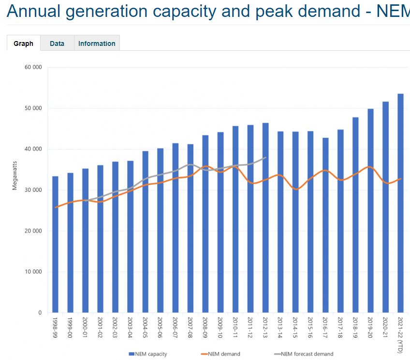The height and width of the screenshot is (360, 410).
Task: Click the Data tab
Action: pyautogui.click(x=57, y=43)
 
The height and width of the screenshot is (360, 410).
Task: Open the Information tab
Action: pyautogui.click(x=97, y=43)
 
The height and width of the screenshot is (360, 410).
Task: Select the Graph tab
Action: pyautogui.click(x=23, y=43)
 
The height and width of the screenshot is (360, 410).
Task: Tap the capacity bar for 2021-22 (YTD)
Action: pyautogui.click(x=400, y=203)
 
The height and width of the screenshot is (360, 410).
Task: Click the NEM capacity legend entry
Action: pyautogui.click(x=148, y=354)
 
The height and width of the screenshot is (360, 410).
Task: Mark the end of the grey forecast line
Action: pyautogui.click(x=266, y=158)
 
